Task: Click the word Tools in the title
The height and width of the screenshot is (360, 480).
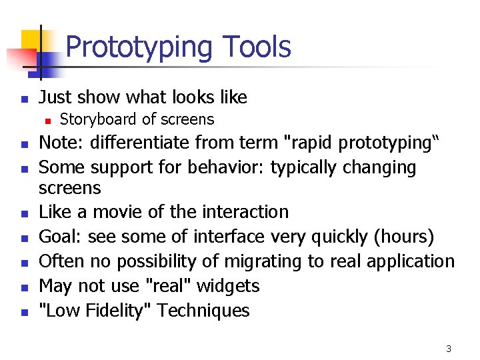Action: [x=257, y=47]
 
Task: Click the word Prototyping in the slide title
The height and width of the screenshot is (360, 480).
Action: [x=139, y=47]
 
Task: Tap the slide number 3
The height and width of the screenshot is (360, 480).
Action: [x=449, y=349]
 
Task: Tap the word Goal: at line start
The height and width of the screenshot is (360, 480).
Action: [x=60, y=237]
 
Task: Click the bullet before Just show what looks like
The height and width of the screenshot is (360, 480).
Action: [x=23, y=99]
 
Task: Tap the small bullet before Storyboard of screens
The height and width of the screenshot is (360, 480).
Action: [x=47, y=121]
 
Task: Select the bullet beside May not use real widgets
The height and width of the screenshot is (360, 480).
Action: [x=23, y=287]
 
